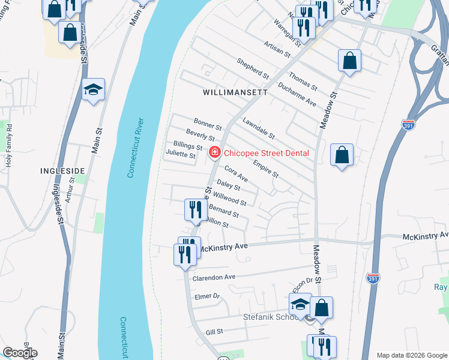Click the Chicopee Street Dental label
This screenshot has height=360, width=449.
267,153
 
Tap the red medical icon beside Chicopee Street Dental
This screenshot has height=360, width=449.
214,154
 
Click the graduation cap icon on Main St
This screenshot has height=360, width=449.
93,90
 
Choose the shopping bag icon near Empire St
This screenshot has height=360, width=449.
342,155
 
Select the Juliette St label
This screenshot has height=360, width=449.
181,155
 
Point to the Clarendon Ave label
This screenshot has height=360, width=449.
214,278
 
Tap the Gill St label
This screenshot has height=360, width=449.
214,331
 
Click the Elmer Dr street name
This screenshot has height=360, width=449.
208,296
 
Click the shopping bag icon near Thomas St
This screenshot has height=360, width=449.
349,61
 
